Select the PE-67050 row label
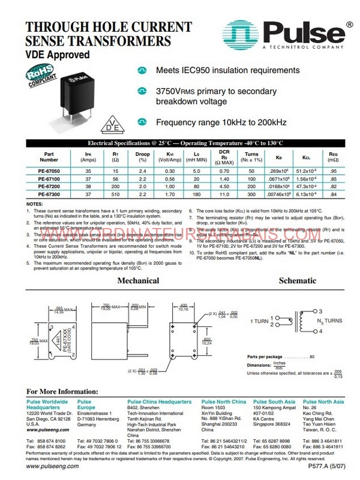coord(49,171)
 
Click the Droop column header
coord(142,157)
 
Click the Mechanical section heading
coord(137,280)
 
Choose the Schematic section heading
coord(298,280)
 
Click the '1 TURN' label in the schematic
coord(260,321)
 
